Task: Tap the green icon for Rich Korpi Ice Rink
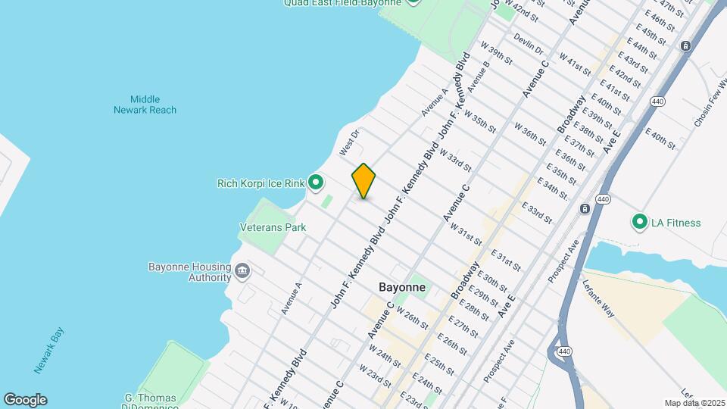click(316, 183)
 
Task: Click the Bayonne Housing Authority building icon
click(242, 271)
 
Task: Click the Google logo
click(25, 400)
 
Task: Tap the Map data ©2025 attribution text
click(694, 403)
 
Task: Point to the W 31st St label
click(466, 232)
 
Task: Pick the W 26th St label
click(412, 318)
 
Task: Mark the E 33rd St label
click(536, 212)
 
